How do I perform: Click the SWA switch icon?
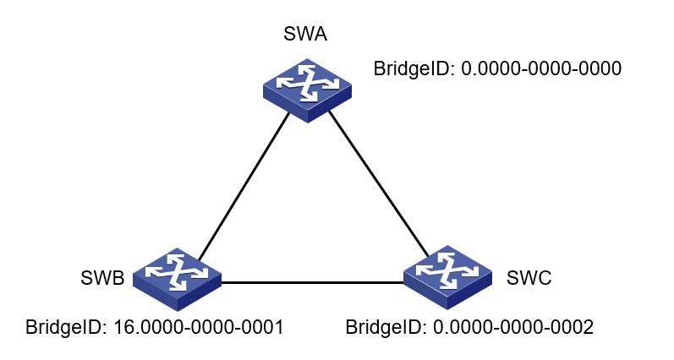pos(306,90)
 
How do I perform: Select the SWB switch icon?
pos(178,280)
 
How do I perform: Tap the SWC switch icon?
pos(447,276)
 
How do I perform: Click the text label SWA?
pos(306,35)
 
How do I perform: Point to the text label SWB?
pos(102,278)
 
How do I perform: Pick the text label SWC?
pos(529,278)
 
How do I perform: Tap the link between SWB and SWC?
pos(311,281)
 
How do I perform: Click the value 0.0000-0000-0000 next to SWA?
pos(541,69)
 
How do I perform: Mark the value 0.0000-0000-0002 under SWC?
pos(513,326)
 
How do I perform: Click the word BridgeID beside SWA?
pos(414,69)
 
